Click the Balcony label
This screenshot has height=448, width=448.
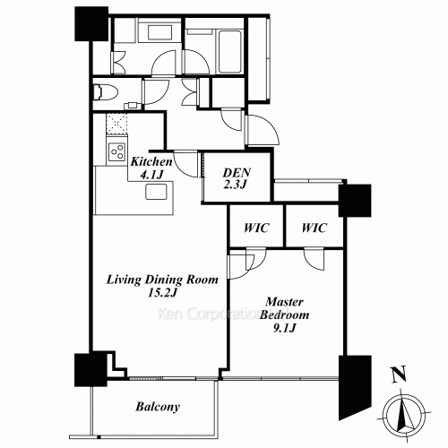tap(158, 407)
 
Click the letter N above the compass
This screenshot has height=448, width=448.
tap(398, 375)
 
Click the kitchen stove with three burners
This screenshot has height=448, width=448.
tap(116, 152)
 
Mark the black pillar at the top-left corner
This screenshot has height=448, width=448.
tap(90, 27)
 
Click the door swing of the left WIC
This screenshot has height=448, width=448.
tap(243, 261)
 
